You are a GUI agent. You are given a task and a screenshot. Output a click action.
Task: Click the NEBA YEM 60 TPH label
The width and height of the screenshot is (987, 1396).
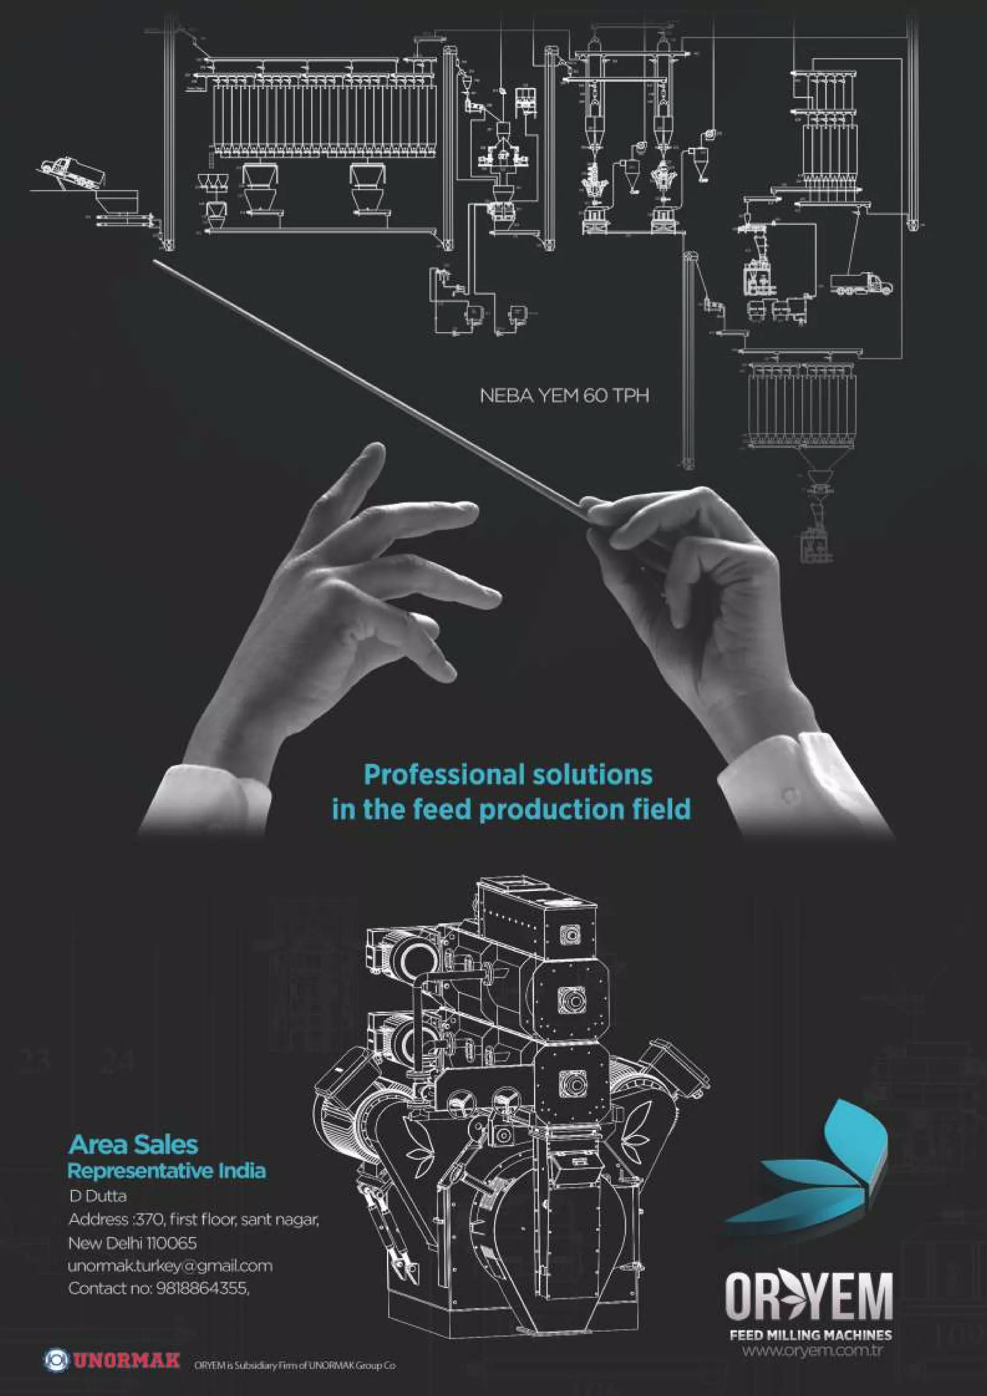(564, 396)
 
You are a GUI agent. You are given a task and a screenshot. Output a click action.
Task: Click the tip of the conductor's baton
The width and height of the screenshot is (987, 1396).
(156, 261)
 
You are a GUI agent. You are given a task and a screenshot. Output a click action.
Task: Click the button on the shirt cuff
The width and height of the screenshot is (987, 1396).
(789, 794)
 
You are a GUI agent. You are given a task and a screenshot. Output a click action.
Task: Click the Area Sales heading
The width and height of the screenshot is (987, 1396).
(133, 1145)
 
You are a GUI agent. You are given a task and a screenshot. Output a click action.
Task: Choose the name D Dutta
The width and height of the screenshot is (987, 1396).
(98, 1196)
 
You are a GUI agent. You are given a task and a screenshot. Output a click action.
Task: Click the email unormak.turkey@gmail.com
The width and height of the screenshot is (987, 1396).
(170, 1265)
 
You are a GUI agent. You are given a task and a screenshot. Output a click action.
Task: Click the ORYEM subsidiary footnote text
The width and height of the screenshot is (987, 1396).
(295, 1361)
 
